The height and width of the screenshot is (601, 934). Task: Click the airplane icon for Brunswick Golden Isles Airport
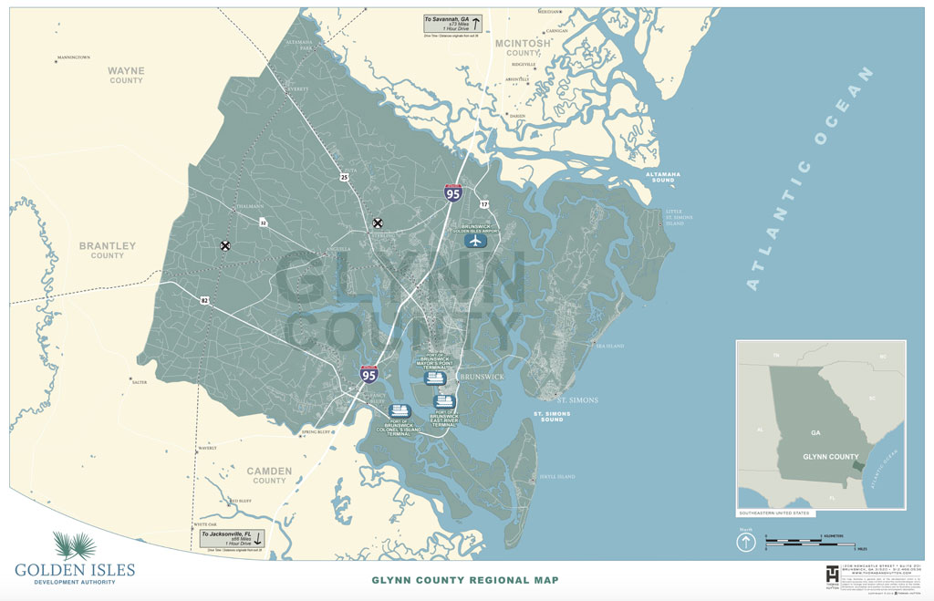(x=475, y=242)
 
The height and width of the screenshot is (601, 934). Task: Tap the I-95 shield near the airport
(x=452, y=192)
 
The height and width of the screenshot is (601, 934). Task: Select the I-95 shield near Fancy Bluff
(x=369, y=373)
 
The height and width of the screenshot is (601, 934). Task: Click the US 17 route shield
(x=484, y=203)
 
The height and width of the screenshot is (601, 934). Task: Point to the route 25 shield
(x=343, y=176)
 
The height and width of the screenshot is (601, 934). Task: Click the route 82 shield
(x=204, y=299)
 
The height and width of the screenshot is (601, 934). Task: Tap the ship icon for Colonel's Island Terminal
(x=400, y=411)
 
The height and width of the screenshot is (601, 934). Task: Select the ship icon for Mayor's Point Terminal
(x=435, y=378)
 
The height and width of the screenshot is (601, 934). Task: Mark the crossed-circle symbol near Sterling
(x=378, y=223)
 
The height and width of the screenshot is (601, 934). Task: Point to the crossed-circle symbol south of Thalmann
(x=224, y=244)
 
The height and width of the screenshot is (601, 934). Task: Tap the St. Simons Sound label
(x=553, y=417)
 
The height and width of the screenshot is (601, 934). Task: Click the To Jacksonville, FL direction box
(x=233, y=539)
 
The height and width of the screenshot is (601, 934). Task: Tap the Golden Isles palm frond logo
(x=74, y=545)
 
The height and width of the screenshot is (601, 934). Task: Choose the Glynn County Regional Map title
(x=464, y=580)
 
